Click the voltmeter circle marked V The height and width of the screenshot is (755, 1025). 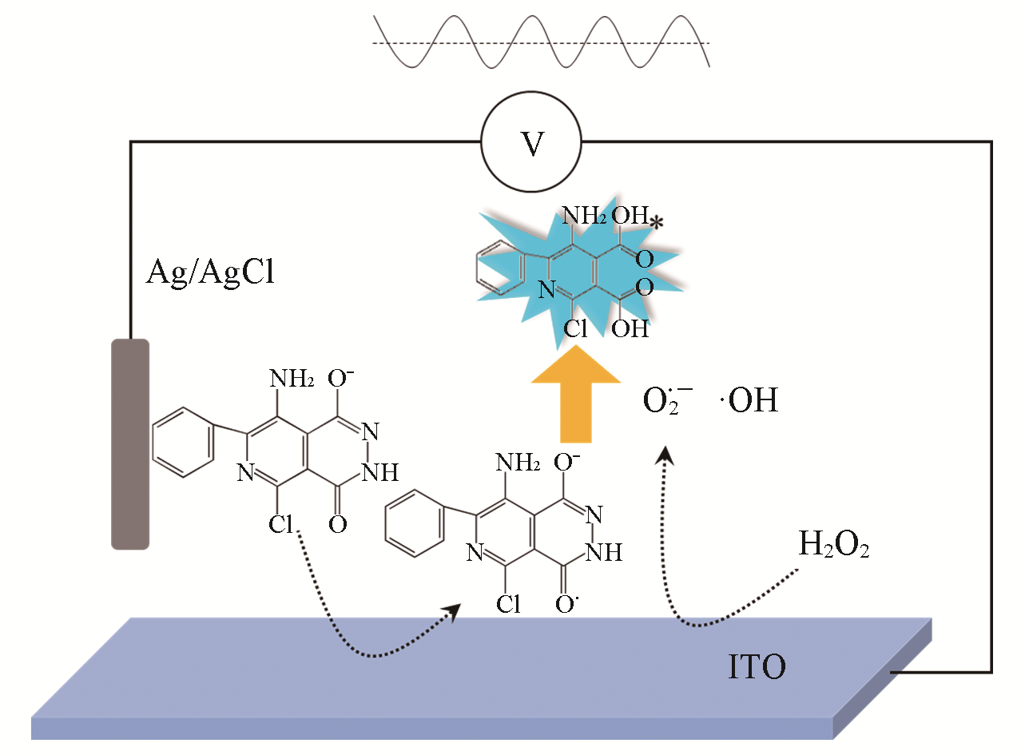(530, 143)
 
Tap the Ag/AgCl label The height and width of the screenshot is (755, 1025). (210, 272)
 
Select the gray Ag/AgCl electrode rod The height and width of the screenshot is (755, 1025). (130, 443)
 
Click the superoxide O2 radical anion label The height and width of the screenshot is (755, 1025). (668, 399)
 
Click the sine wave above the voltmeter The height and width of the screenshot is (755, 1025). (541, 42)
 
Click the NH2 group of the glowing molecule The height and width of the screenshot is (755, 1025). (584, 215)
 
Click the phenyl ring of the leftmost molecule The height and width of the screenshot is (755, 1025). (182, 442)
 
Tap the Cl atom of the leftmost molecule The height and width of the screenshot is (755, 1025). (282, 524)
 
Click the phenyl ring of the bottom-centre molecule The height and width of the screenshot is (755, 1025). (414, 524)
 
